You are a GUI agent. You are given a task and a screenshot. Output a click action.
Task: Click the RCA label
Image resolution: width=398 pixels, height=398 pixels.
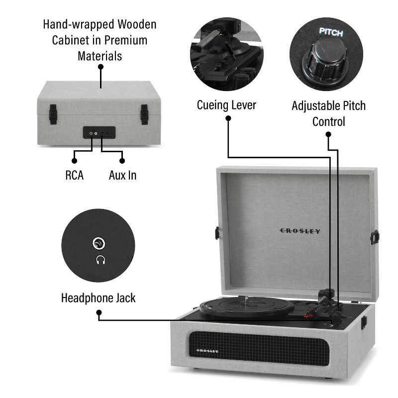click(x=74, y=175)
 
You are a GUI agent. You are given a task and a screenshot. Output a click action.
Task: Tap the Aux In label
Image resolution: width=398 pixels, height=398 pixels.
click(x=122, y=175)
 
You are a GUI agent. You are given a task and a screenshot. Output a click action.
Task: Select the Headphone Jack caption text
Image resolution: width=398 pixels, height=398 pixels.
click(x=98, y=298)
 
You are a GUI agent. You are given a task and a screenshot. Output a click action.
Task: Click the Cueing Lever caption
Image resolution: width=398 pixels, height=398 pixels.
click(x=226, y=105)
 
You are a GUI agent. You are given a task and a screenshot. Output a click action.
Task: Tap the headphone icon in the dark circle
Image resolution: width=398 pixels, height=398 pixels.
click(x=100, y=260)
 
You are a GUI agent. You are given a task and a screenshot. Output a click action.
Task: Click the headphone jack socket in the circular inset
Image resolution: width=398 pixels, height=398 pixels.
click(x=99, y=244)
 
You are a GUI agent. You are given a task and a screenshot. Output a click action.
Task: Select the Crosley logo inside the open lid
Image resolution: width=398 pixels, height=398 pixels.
click(x=299, y=231)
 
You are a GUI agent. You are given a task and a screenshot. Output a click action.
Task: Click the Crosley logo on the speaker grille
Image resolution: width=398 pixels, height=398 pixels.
click(x=207, y=351)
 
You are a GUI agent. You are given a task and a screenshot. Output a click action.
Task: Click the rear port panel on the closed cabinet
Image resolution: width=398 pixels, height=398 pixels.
click(x=99, y=132)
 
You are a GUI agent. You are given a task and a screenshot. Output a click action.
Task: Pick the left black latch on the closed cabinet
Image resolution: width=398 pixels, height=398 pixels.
click(x=52, y=113)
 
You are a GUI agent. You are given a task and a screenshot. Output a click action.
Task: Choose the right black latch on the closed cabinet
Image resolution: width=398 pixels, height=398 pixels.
click(x=144, y=113)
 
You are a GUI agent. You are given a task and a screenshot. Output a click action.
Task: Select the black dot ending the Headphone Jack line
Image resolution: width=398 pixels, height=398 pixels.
click(x=99, y=314)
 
